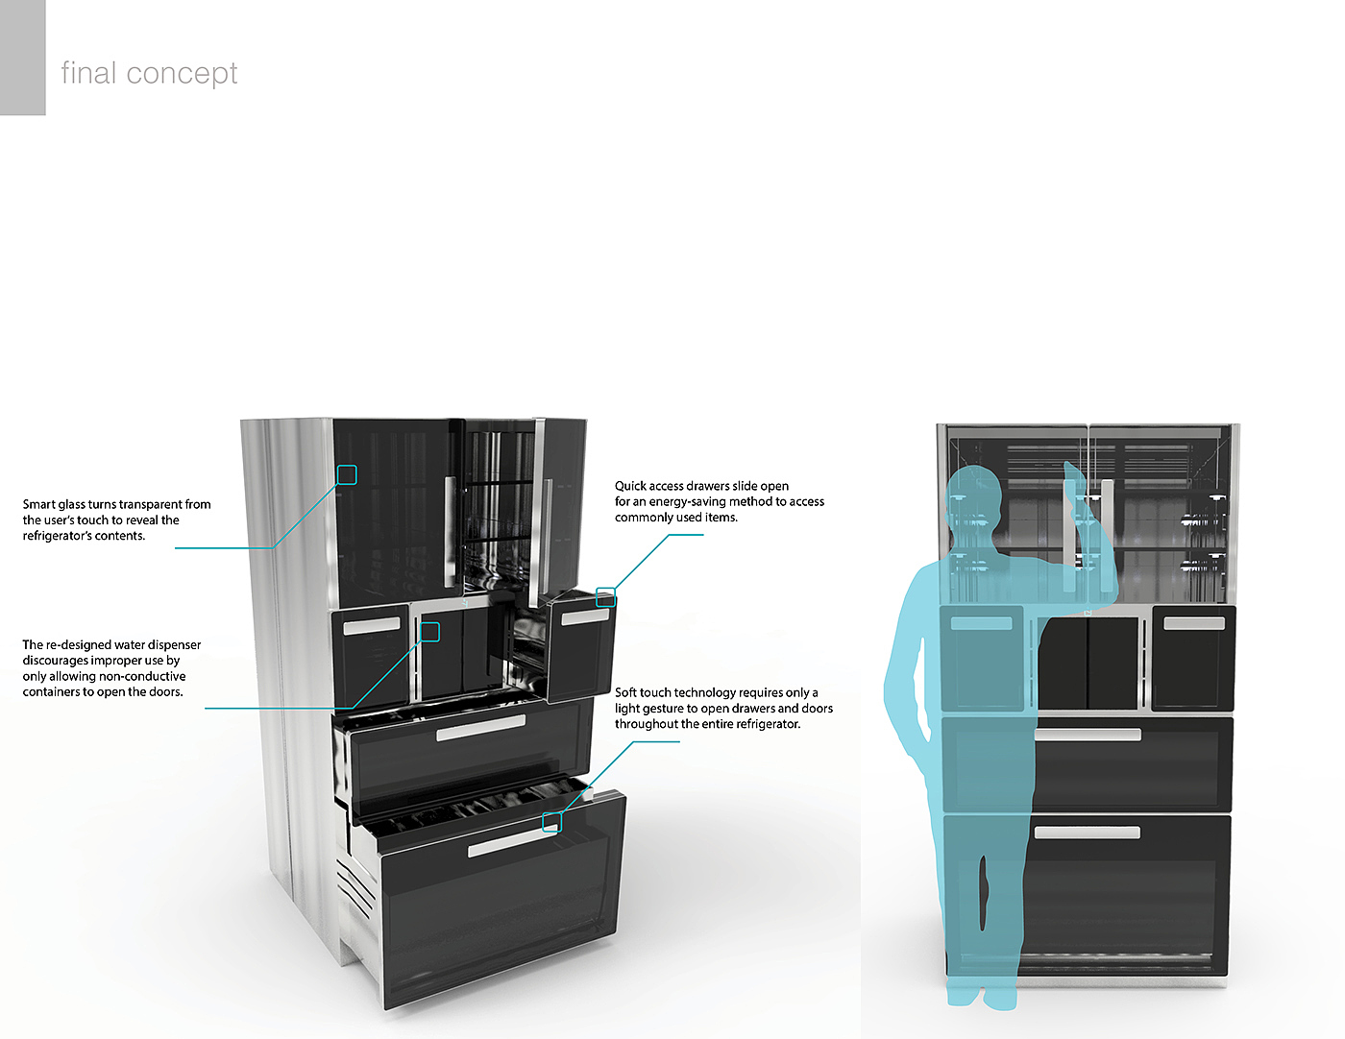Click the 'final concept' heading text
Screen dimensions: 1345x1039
149,74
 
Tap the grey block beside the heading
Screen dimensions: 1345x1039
22,58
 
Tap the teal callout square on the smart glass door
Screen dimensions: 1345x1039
347,474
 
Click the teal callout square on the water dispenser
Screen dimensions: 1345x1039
429,631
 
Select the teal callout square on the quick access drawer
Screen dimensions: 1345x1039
605,596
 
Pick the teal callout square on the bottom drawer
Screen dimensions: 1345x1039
551,821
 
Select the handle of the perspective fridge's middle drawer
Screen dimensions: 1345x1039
480,728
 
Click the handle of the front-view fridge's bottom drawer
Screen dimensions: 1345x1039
1087,833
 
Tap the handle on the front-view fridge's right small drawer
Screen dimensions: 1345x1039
1193,623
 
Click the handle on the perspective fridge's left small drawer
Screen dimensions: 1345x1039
372,625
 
